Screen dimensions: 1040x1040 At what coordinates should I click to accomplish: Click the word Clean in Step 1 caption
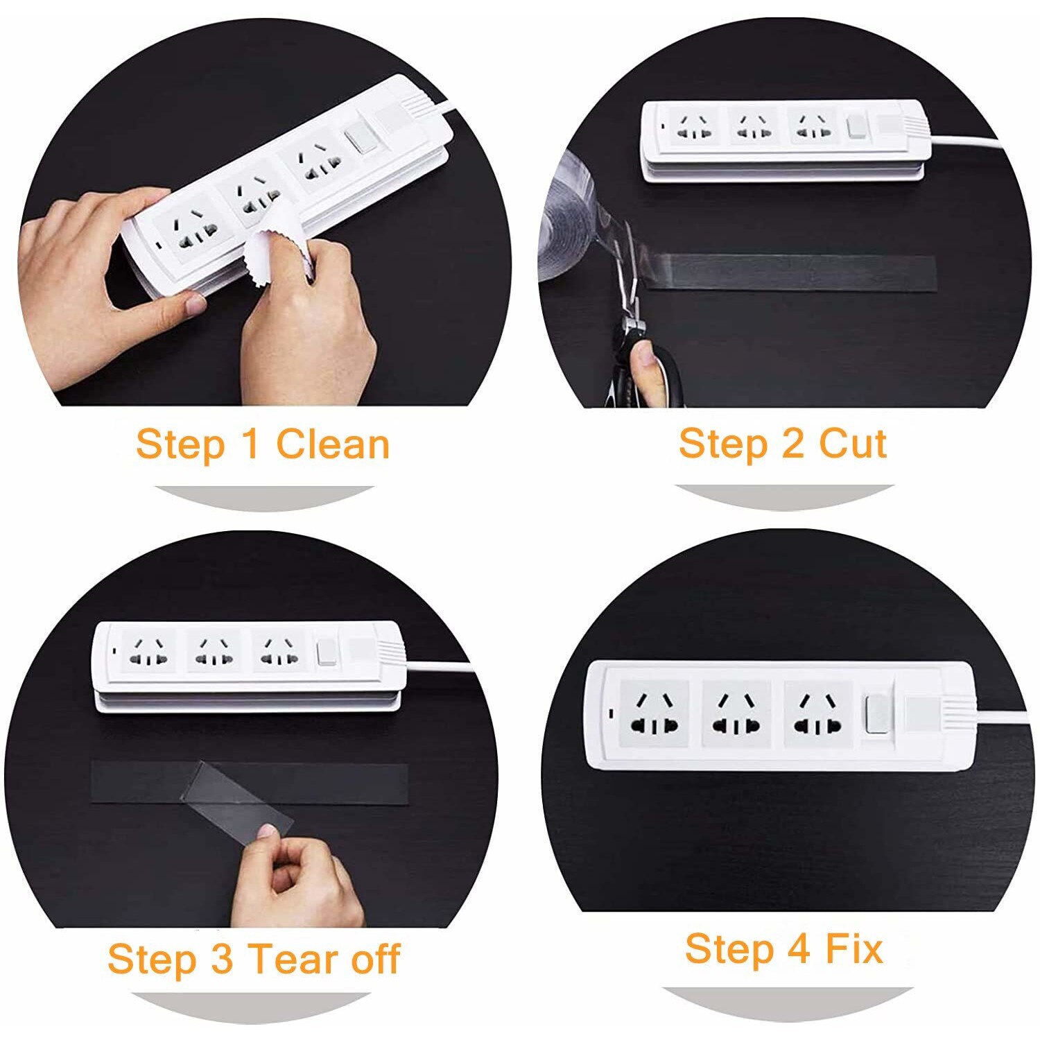[333, 444]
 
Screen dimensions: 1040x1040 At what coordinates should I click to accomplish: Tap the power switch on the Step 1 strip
[358, 139]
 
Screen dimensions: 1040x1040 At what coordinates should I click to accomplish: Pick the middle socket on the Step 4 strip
[736, 714]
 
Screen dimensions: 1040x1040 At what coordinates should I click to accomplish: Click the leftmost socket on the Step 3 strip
[150, 650]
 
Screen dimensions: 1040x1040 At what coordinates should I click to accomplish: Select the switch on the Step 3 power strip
[327, 652]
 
